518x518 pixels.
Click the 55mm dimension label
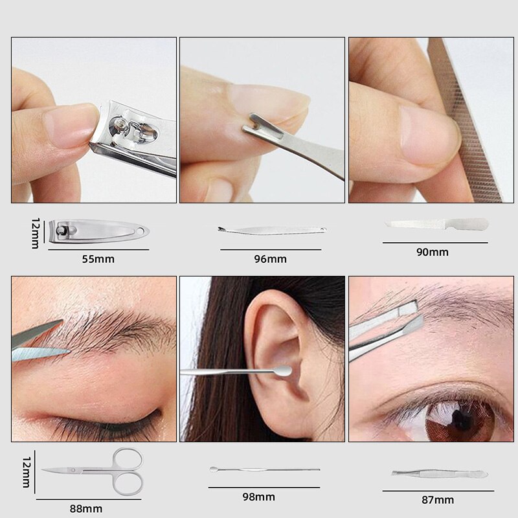[98, 259]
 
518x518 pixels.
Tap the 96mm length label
[270, 259]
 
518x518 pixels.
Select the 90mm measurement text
[433, 252]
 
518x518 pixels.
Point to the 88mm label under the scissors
[86, 509]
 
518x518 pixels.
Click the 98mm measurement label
[258, 497]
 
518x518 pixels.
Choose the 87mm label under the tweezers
[438, 500]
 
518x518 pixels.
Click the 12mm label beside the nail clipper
[36, 233]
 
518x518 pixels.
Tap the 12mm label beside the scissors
[27, 473]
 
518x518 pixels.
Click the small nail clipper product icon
[99, 231]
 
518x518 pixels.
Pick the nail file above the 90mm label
[437, 224]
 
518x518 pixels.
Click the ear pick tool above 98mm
[264, 469]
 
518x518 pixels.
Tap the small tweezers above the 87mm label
[440, 474]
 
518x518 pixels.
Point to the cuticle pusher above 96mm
[272, 230]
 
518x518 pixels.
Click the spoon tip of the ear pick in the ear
[284, 371]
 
